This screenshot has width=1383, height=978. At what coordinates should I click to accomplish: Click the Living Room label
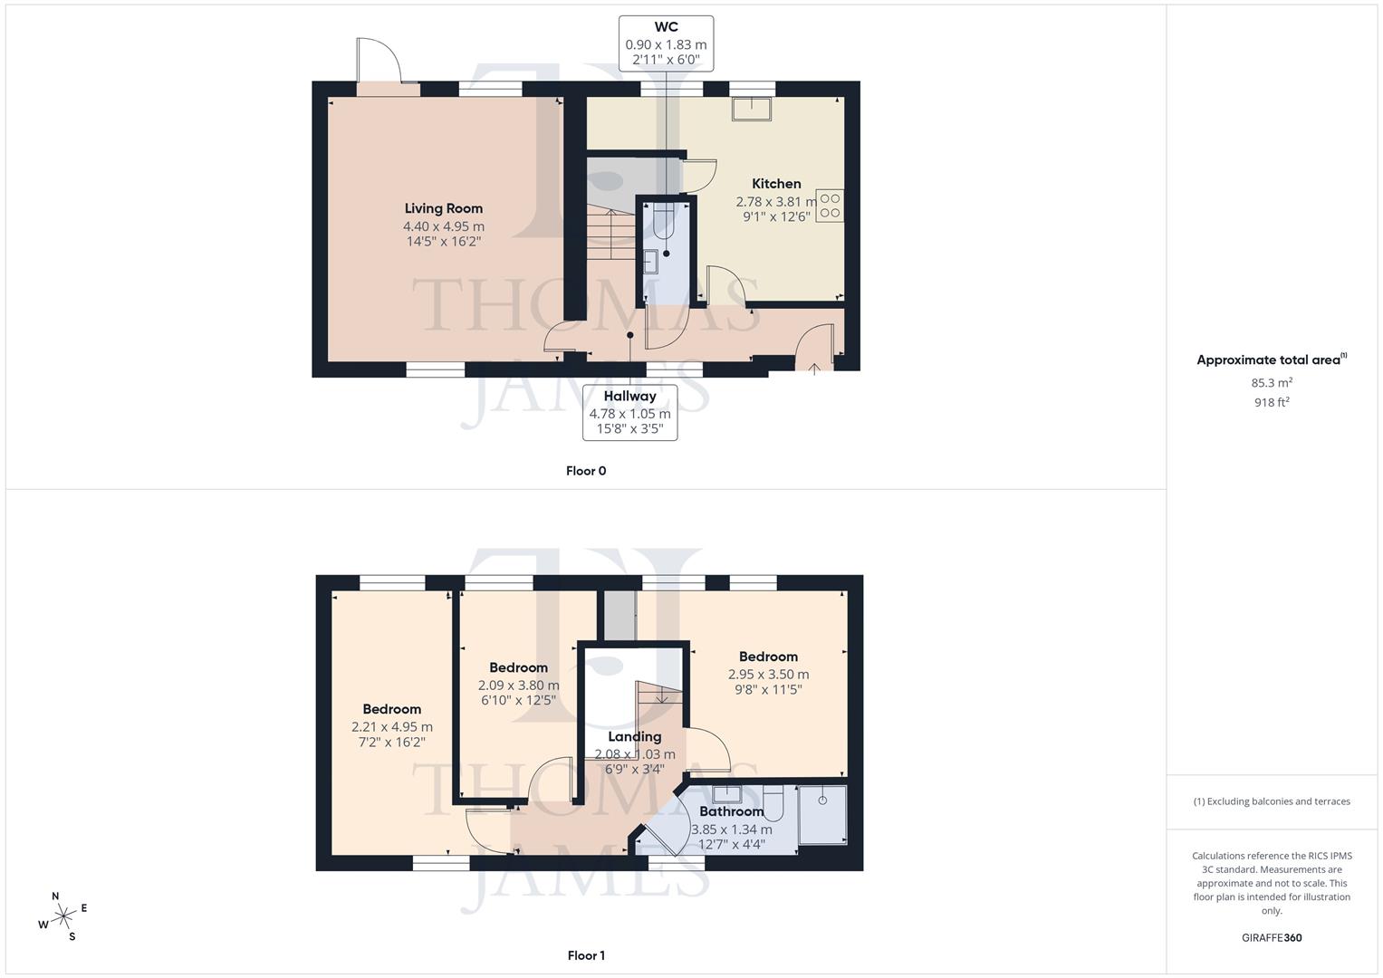pos(443,208)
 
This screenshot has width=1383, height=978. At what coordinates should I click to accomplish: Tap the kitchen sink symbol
pos(752,108)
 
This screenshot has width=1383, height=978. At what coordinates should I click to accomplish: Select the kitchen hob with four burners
pos(830,206)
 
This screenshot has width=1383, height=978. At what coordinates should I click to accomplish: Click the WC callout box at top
pos(666,43)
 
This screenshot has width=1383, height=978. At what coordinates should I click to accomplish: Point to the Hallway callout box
pos(629,412)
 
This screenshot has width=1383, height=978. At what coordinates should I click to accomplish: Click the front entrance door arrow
pos(814,368)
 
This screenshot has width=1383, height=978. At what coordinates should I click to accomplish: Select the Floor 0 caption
pos(586,471)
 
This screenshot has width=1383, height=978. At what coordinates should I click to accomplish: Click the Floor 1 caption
pos(586,955)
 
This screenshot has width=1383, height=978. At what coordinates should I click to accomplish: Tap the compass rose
pos(63,916)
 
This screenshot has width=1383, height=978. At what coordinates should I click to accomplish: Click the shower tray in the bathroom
pos(822,815)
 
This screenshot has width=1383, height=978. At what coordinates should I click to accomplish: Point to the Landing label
pos(634,737)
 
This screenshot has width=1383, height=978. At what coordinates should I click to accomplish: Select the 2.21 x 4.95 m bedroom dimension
pos(392,726)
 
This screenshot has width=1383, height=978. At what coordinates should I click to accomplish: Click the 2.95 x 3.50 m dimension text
pos(768,674)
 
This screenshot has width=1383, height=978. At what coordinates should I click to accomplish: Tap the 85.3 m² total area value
pos(1272,382)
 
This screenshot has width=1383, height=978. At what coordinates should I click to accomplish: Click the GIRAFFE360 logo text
pos(1272,938)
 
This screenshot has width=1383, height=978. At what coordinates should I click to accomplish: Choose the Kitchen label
pos(776,184)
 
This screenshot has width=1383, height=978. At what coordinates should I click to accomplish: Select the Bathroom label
pos(731,811)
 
